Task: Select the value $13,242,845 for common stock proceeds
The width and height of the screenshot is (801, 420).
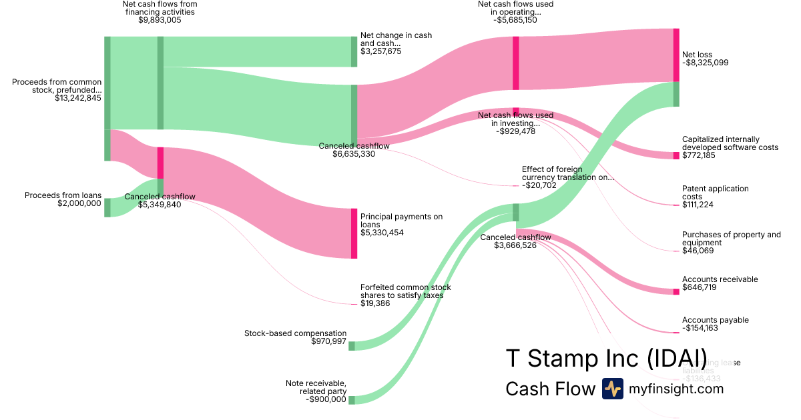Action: (78, 98)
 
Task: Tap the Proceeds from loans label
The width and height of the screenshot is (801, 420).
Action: (63, 195)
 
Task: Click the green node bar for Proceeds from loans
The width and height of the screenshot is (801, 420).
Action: (107, 207)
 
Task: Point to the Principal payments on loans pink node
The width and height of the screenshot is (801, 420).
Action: (354, 233)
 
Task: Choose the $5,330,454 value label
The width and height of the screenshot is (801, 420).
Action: (382, 233)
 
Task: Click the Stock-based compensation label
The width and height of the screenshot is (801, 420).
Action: (295, 333)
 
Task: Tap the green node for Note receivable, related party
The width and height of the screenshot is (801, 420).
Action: (352, 399)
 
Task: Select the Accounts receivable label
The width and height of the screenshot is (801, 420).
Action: (720, 279)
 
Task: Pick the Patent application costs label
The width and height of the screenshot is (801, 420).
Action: (715, 193)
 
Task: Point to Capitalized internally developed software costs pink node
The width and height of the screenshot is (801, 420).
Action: (676, 155)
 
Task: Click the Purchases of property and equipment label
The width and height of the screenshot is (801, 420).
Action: (731, 239)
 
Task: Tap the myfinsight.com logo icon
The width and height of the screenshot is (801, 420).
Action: (612, 389)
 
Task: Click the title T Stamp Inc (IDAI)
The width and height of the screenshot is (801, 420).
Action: (606, 358)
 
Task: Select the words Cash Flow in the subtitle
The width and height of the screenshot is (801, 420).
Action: (550, 389)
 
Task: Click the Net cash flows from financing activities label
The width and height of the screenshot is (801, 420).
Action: (160, 8)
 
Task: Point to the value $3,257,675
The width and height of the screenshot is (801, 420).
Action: (380, 51)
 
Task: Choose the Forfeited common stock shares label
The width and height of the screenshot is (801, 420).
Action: (401, 291)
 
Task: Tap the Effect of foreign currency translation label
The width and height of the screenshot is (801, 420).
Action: (567, 173)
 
